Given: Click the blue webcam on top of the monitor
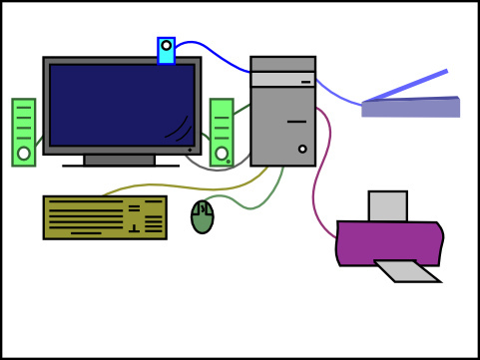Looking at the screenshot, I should point(166,51).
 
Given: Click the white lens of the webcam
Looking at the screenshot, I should point(166,45).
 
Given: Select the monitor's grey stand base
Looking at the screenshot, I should point(120,160).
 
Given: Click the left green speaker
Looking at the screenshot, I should point(24,130).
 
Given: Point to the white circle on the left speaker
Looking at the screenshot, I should point(24,154).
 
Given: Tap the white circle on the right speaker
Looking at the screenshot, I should point(221,154).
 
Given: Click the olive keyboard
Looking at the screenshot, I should point(104,217).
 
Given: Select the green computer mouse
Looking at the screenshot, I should point(203,217).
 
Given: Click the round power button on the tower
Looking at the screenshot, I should point(302,150).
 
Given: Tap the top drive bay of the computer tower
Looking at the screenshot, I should point(282,64).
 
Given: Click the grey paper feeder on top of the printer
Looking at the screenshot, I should point(387,205).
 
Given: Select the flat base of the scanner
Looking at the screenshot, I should point(410,108).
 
